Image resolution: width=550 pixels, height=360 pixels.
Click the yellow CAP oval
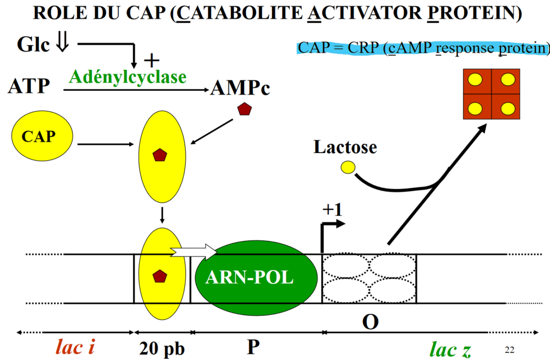[42, 137]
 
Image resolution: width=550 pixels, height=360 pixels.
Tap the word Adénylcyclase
[127, 77]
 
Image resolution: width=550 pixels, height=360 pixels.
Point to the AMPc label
[240, 88]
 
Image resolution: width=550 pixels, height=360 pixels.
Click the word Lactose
[345, 147]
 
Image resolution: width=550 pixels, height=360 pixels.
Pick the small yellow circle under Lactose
[348, 167]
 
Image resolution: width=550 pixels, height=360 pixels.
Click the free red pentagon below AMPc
[244, 110]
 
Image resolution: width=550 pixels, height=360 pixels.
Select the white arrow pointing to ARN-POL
[194, 252]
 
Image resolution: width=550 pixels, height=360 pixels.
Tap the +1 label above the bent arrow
[332, 209]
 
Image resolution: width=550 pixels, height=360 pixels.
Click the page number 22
[509, 350]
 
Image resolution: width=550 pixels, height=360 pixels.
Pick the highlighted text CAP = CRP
[330, 48]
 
